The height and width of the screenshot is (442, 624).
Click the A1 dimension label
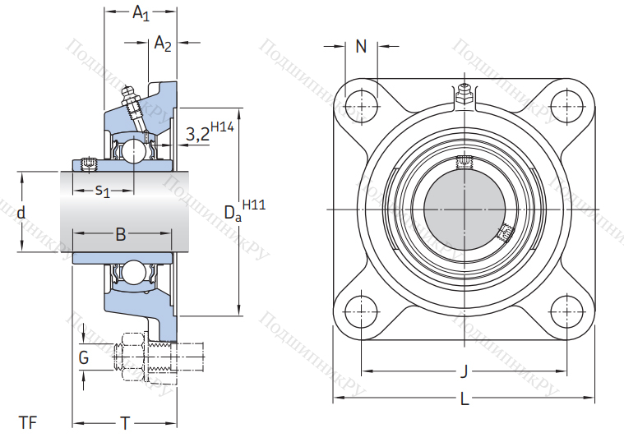point(141,13)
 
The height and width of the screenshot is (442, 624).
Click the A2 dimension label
point(162,45)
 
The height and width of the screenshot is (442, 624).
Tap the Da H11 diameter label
point(241,212)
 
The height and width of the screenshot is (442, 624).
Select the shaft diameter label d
point(21,213)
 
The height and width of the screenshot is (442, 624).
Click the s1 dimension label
point(102,191)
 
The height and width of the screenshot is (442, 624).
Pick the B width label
point(120,235)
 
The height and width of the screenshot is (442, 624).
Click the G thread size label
point(84,358)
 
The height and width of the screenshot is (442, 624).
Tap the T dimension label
point(125,423)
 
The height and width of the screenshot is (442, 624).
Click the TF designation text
point(28,423)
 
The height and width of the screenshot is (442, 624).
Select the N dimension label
point(360,47)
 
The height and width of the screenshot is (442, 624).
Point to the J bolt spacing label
point(464,371)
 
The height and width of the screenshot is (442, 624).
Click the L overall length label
point(465,400)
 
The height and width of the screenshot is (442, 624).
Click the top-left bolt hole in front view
point(360,106)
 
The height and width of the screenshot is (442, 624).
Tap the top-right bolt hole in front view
point(566,106)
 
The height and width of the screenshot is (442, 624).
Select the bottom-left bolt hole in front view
point(360,312)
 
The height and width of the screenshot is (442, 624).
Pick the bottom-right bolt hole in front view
point(566,312)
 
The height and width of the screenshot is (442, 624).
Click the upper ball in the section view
point(131,150)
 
